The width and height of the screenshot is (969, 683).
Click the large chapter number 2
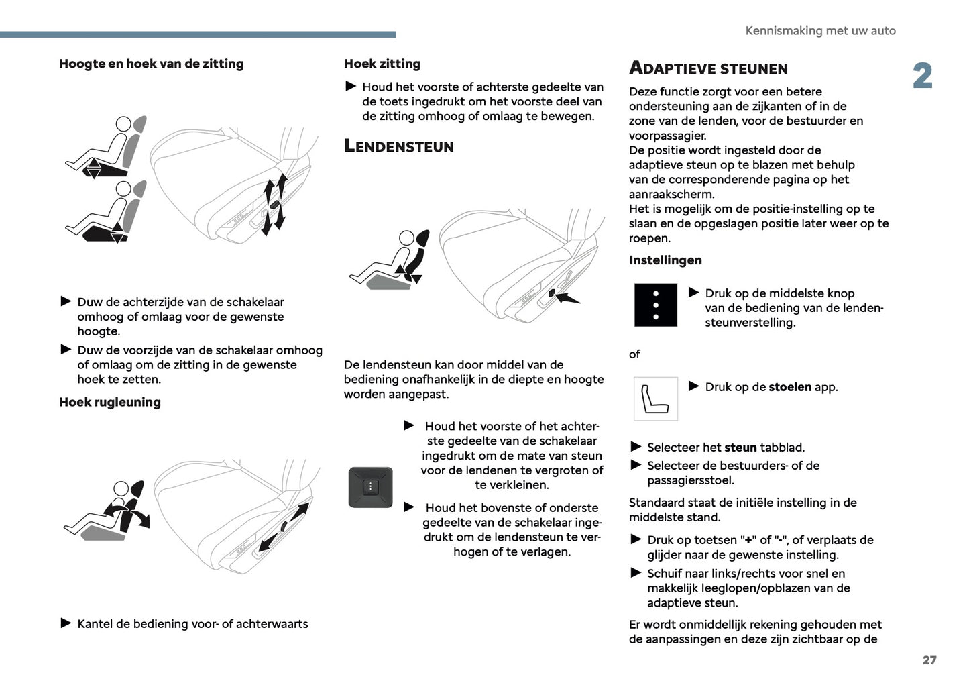922,76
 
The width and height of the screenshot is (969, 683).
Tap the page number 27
929,660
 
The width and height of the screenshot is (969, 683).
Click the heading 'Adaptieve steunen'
708,68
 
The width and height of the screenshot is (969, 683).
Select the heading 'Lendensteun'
398,146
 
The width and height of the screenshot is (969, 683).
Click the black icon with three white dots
655,305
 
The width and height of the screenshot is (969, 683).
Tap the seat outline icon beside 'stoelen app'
655,399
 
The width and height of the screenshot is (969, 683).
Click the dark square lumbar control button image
370,487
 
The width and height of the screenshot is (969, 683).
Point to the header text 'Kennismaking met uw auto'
819,31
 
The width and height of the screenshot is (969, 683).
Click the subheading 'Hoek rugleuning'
110,402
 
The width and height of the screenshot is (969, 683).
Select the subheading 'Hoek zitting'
382,64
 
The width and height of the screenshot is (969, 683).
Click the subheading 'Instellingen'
665,260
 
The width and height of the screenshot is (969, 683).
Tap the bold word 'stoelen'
789,387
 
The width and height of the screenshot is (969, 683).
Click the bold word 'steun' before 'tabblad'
740,448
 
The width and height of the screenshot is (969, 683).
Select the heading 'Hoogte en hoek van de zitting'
151,64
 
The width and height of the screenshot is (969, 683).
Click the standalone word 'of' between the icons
634,354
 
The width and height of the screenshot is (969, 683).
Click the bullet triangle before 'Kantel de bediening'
66,623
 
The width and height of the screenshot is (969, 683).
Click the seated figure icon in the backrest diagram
106,511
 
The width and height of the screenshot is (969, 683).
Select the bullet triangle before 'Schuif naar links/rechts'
636,573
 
